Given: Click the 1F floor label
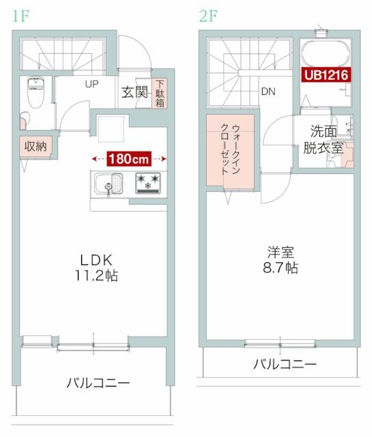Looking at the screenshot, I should click(x=20, y=16).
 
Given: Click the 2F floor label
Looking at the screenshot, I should click(x=208, y=16).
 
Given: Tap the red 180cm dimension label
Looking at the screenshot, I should click(x=128, y=159).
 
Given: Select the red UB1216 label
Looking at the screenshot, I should click(x=325, y=75).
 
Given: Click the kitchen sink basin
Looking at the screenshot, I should click(x=109, y=184).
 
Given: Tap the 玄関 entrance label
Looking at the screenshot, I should click(x=134, y=92).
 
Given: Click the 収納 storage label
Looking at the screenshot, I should click(x=35, y=146).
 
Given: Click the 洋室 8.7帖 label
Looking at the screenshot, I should click(x=280, y=258).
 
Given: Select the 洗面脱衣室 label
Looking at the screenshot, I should click(x=323, y=137).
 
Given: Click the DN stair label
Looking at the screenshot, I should click(x=268, y=91).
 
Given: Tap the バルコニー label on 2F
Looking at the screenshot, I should click(x=285, y=364).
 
